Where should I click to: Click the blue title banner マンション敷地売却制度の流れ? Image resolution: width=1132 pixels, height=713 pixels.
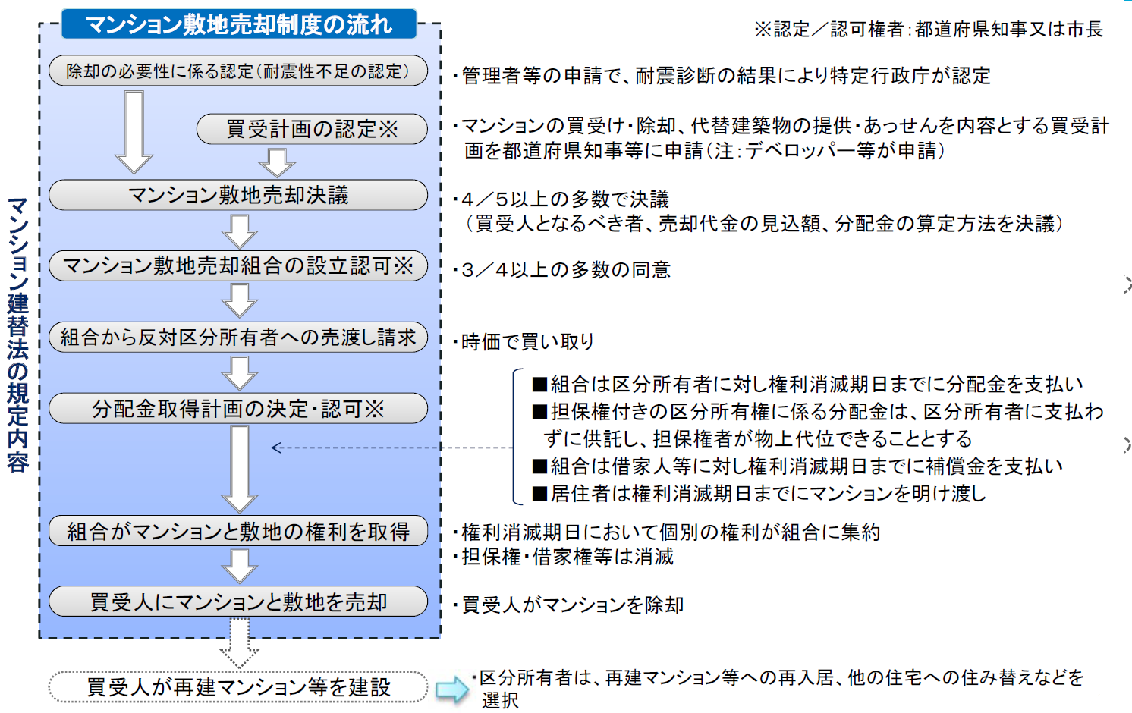click(x=238, y=24)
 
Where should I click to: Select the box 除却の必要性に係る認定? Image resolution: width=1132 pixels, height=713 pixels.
click(x=238, y=71)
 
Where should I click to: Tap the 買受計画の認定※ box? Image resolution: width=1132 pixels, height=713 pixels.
click(x=312, y=129)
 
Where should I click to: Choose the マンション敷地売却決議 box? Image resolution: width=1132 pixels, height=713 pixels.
click(x=238, y=195)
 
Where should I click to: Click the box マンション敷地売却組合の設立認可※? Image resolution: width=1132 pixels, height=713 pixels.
click(x=238, y=265)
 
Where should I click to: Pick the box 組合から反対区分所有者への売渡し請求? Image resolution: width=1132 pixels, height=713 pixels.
click(x=238, y=337)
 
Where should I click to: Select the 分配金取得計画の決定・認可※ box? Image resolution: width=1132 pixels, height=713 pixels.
click(x=238, y=408)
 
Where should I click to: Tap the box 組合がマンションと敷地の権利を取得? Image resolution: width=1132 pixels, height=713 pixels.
click(x=238, y=531)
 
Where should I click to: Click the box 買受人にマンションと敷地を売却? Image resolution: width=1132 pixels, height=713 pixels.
click(x=238, y=601)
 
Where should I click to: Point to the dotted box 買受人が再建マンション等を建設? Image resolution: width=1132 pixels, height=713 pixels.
click(x=238, y=687)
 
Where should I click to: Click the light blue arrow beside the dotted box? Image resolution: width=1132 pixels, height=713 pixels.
click(x=452, y=689)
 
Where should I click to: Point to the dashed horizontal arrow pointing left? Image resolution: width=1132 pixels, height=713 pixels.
click(x=392, y=448)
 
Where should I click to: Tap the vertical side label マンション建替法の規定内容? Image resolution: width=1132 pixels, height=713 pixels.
click(x=17, y=335)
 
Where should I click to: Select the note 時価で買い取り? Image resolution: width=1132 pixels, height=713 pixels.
click(x=524, y=342)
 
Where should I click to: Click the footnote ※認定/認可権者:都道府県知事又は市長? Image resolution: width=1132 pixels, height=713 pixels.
click(x=929, y=29)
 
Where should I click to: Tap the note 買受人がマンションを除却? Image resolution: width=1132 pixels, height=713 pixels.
click(x=568, y=605)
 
